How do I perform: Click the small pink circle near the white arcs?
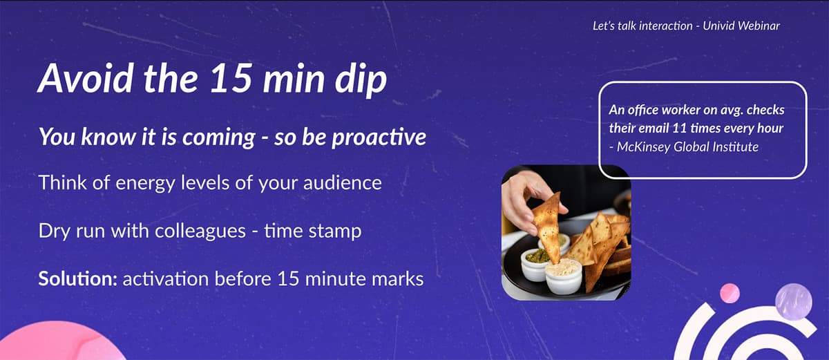730,293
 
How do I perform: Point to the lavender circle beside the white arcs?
792,301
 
